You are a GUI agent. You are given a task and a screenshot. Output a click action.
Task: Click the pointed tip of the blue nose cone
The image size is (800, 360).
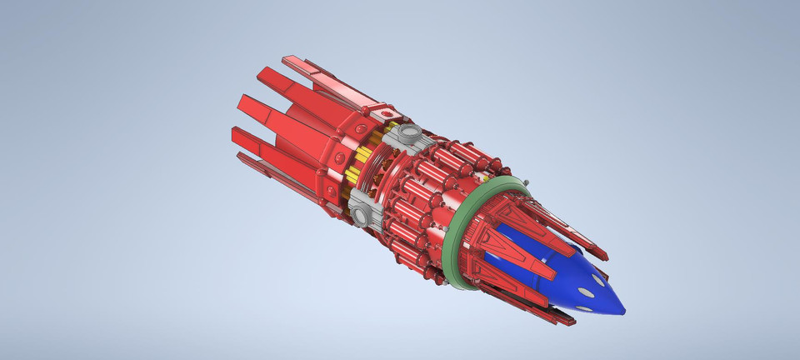[x=623, y=311]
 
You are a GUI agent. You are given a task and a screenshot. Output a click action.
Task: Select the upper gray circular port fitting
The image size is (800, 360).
[x=408, y=133]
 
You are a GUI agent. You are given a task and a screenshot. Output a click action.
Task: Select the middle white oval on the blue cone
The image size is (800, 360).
[x=591, y=291]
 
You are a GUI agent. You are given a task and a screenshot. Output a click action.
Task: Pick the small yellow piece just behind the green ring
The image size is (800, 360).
[x=484, y=178]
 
